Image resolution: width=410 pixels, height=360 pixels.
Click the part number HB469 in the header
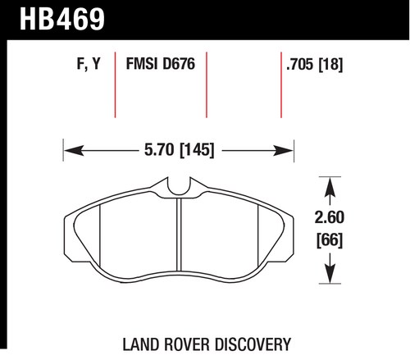coord(62,19)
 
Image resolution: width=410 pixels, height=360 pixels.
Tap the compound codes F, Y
coord(89,64)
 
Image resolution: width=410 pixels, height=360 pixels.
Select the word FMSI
coord(142,64)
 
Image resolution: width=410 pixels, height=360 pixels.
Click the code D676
coord(179,64)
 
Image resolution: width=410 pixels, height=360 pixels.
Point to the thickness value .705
coord(299,65)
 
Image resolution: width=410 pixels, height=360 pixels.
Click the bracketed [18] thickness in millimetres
coord(330,65)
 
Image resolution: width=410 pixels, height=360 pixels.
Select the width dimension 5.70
coord(159,150)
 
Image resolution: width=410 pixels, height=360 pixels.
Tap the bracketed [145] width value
coord(197,150)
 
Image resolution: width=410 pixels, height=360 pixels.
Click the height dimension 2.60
coord(330,217)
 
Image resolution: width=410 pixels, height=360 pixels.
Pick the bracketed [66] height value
coord(330,240)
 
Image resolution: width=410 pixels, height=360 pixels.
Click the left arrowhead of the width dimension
coord(74,151)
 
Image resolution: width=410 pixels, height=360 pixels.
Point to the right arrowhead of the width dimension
coord(283,151)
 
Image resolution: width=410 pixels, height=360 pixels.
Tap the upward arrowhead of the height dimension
coord(330,187)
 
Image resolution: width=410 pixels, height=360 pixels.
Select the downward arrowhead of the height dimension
coord(330,273)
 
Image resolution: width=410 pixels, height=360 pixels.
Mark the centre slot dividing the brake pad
coord(179,235)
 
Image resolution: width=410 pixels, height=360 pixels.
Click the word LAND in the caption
coord(140,344)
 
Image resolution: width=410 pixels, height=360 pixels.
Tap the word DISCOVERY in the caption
coord(253,344)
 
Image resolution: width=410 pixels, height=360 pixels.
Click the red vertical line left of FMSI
coord(115,85)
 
